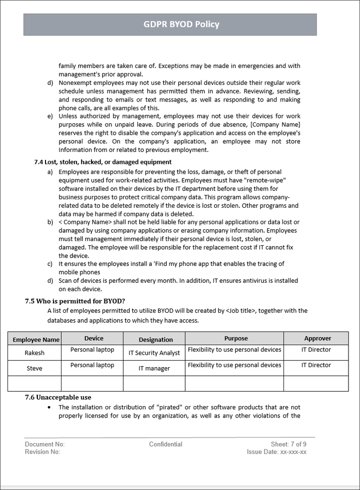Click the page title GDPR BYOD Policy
pyautogui.click(x=181, y=24)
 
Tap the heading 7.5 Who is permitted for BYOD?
pyautogui.click(x=75, y=301)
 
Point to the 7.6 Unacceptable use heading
pyautogui.click(x=58, y=397)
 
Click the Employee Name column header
pyautogui.click(x=36, y=340)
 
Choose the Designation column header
pyautogui.click(x=155, y=340)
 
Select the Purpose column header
pyautogui.click(x=236, y=339)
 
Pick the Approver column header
pyautogui.click(x=317, y=339)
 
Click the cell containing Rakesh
pyautogui.click(x=34, y=353)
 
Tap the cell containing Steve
pyautogui.click(x=34, y=369)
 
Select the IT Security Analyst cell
pyautogui.click(x=154, y=353)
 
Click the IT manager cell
pyautogui.click(x=154, y=369)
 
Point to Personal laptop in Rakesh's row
pyautogui.click(x=92, y=350)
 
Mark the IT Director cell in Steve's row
pyautogui.click(x=316, y=366)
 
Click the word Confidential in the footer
pyautogui.click(x=165, y=444)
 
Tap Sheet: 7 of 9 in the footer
pyautogui.click(x=288, y=444)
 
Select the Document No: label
pyautogui.click(x=44, y=444)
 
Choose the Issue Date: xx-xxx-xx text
pyautogui.click(x=276, y=452)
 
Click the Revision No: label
pyautogui.click(x=42, y=452)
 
